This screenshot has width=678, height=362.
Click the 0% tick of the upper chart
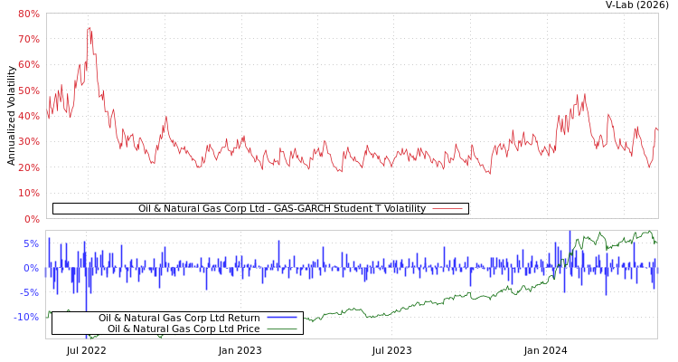[31, 219]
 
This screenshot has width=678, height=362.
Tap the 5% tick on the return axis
[31, 243]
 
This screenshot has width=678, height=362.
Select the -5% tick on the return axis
[29, 292]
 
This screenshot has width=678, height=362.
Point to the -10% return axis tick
[26, 317]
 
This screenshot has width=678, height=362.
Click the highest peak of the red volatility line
[89, 28]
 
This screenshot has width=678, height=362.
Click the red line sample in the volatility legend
[447, 209]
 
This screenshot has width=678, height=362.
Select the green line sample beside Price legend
[282, 329]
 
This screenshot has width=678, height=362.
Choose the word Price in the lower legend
[246, 329]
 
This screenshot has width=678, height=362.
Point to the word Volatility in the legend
[402, 209]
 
